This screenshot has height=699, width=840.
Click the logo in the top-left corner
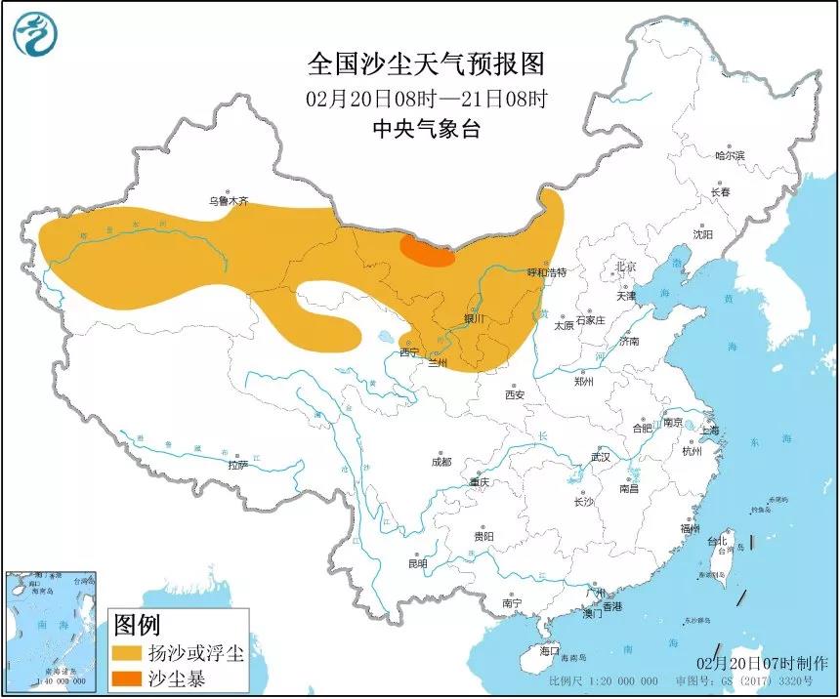tap(35, 34)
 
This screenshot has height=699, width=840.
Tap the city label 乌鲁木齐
tap(228, 202)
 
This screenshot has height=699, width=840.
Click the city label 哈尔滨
tap(729, 155)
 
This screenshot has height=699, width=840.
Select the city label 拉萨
tap(238, 465)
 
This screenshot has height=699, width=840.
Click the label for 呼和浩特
tap(547, 272)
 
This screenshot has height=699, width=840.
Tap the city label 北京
tap(625, 267)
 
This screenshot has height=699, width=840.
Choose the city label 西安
tap(515, 394)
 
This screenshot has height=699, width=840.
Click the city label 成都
tap(441, 461)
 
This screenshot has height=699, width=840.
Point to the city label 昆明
tap(418, 563)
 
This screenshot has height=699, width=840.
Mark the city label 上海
tap(709, 430)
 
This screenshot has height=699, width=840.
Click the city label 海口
tap(549, 650)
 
